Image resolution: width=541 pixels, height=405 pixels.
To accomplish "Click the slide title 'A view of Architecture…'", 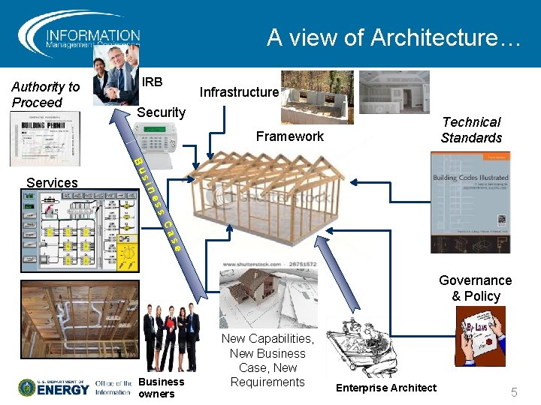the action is tap(394, 37).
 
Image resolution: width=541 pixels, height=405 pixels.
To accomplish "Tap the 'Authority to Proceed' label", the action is tap(45, 95).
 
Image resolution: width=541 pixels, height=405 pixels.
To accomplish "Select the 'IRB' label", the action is tap(153, 81).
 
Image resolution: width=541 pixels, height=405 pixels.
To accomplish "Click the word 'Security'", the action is tap(161, 112).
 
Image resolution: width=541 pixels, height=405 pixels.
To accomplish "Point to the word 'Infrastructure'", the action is tap(239, 92).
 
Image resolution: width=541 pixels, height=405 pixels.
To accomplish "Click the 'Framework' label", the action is tap(289, 136).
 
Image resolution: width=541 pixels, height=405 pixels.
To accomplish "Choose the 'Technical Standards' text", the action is tap(471, 130).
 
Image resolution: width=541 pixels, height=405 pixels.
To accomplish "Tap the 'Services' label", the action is tap(52, 182).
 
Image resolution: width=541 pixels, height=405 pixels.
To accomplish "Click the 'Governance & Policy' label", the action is tap(475, 288).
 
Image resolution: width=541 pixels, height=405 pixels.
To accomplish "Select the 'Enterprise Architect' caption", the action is tap(385, 388).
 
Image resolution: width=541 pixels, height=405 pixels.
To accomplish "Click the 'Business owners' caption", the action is tap(161, 387).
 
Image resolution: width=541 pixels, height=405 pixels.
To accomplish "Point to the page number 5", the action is tap(515, 391).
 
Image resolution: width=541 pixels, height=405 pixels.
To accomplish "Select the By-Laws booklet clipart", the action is tap(480, 337).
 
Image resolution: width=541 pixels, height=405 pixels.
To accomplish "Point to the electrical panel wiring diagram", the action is tap(80, 230).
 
